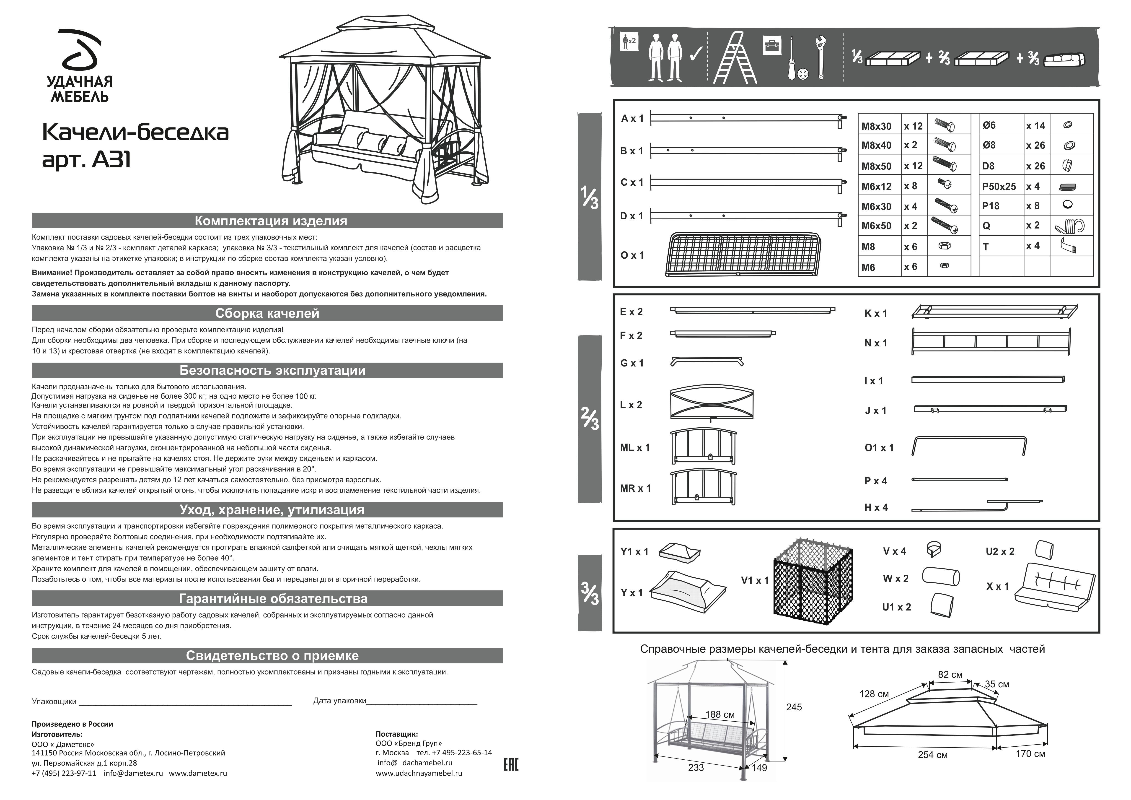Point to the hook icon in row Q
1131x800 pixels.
(x=1070, y=226)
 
